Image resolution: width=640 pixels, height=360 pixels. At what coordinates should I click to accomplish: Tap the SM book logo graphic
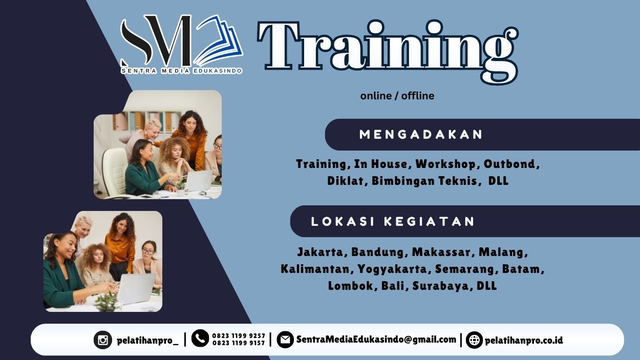point(181,41)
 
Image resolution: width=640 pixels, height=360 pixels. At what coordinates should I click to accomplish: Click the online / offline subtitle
point(397,96)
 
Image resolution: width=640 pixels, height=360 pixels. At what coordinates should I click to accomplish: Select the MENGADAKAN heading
point(421,135)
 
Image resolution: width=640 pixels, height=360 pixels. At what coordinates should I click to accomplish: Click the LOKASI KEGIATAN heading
point(393,222)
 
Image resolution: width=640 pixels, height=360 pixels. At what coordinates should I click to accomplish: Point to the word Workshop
point(445,164)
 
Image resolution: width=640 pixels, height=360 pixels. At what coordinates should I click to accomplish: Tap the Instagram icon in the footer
point(102,340)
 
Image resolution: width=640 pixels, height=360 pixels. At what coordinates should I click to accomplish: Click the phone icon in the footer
point(200,338)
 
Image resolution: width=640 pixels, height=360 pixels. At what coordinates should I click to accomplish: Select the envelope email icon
point(285,340)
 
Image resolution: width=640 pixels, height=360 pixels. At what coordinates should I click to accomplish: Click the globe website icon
point(474,340)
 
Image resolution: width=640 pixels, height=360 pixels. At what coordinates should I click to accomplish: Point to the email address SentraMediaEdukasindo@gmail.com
point(376,340)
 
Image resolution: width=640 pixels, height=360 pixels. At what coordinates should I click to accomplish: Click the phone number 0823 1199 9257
point(239,336)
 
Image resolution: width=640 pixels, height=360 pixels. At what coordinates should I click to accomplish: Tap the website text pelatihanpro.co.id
point(524,340)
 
